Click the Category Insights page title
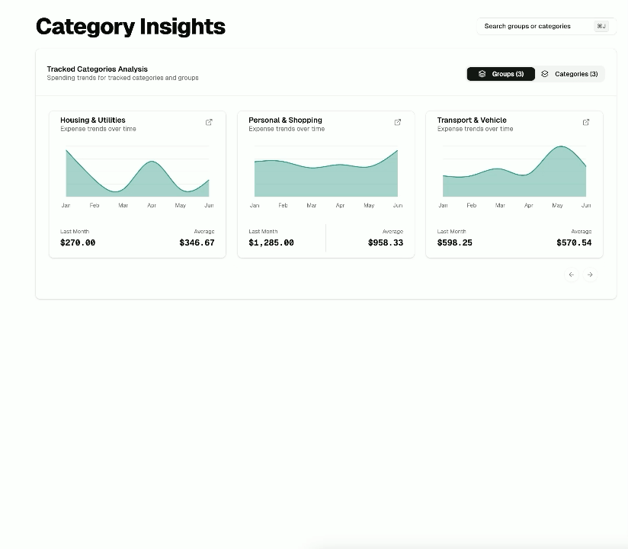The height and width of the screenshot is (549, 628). coord(130,27)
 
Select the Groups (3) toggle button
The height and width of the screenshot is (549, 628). coord(501,74)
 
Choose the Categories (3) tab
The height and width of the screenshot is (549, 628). coord(569,74)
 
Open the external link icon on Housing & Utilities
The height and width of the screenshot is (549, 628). coord(209,122)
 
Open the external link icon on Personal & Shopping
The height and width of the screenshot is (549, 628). coord(397,122)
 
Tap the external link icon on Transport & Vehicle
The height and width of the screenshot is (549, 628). coord(586,122)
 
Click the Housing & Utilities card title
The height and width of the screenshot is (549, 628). coord(93,120)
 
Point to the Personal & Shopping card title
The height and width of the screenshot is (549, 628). coord(285,120)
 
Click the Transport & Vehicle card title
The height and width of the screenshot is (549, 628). coord(472,120)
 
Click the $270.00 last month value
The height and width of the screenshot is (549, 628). coord(78,242)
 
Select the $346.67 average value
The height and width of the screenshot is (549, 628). coord(197,242)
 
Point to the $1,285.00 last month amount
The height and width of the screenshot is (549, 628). coord(271,242)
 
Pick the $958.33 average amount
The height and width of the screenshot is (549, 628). coord(386,242)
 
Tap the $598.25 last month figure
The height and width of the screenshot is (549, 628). coord(454,242)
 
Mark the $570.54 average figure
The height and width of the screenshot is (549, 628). coord(574,242)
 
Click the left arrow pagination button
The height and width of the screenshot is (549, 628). coord(572,274)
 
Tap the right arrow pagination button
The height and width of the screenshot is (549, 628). coord(590,274)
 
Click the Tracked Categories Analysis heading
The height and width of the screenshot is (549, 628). coord(98,69)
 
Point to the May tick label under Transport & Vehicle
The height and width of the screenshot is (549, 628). coord(557,205)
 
